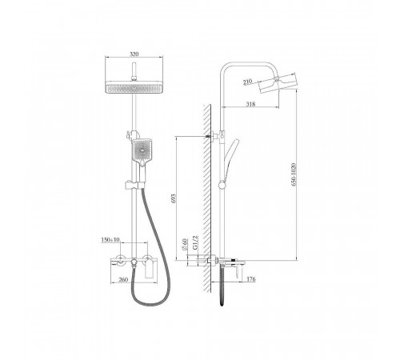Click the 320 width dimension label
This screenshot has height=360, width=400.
[x=134, y=54]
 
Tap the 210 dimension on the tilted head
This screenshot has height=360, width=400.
[x=248, y=82]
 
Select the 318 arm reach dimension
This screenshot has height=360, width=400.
[x=250, y=104]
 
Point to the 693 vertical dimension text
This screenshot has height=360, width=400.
[x=174, y=198]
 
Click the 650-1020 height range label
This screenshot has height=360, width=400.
[x=294, y=174]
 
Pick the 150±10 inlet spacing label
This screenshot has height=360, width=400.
[x=110, y=240]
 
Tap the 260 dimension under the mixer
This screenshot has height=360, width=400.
[x=123, y=279]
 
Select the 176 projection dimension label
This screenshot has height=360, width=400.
[x=251, y=279]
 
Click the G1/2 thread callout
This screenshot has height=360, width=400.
[x=195, y=242]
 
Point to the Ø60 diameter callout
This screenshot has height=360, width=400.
[x=184, y=245]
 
